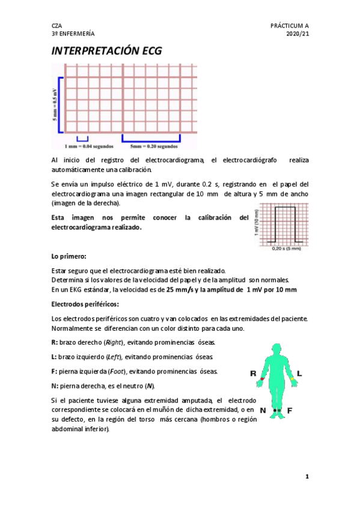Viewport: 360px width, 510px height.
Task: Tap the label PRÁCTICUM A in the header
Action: [290, 26]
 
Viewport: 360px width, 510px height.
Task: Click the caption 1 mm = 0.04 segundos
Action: [87, 146]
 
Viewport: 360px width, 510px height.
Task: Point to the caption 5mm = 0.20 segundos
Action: [154, 146]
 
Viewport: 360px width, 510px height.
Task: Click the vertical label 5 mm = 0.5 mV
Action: [55, 103]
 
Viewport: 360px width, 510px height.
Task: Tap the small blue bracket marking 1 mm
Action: [82, 139]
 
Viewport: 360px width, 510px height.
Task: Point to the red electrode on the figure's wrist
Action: [262, 379]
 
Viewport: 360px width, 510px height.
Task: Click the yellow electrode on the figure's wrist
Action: [293, 379]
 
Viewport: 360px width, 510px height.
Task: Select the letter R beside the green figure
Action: [254, 373]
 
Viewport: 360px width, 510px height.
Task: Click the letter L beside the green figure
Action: [299, 373]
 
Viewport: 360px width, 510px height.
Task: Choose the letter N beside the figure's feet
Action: [263, 410]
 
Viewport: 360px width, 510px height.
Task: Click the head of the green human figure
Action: [277, 351]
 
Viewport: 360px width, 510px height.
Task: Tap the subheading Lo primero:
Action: [69, 257]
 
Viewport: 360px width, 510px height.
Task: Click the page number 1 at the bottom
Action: [307, 476]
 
